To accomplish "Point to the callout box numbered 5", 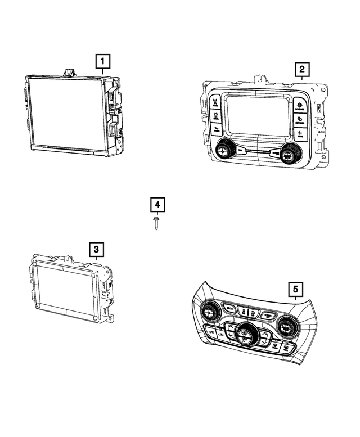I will [295, 290].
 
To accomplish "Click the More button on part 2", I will [300, 134].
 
